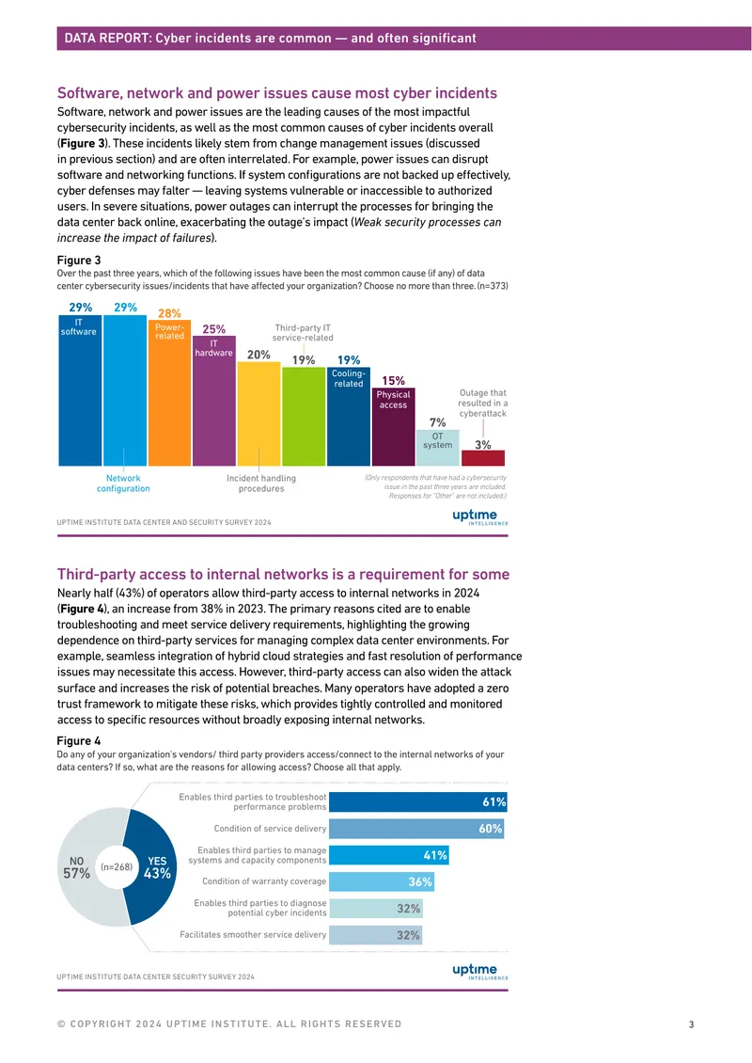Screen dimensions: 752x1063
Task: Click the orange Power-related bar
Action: pyautogui.click(x=169, y=392)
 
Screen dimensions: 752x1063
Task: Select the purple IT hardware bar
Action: pyautogui.click(x=214, y=401)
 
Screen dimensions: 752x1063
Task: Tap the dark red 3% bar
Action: pyautogui.click(x=483, y=457)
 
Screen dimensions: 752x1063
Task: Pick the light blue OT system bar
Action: pyautogui.click(x=438, y=448)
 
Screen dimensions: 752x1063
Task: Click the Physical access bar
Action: pyautogui.click(x=393, y=426)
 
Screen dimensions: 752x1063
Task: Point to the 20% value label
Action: pyautogui.click(x=258, y=355)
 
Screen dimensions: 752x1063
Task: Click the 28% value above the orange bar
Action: pyautogui.click(x=169, y=313)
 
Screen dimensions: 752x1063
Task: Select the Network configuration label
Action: pyautogui.click(x=123, y=484)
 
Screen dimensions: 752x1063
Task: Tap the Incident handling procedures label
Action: pyautogui.click(x=261, y=484)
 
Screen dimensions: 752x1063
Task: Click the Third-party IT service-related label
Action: pyautogui.click(x=303, y=332)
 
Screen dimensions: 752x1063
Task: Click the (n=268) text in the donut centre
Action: pyautogui.click(x=117, y=867)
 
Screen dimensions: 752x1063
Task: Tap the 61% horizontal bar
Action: pyautogui.click(x=418, y=802)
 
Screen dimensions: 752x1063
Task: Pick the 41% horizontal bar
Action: pyautogui.click(x=389, y=855)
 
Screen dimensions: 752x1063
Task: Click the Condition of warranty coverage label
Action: pyautogui.click(x=264, y=881)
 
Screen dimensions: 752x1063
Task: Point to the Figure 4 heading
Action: pyautogui.click(x=79, y=741)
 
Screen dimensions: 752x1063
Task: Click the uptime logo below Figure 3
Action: pyautogui.click(x=479, y=516)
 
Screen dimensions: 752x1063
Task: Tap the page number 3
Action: pyautogui.click(x=691, y=1024)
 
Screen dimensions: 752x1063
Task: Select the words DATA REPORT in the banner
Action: pyautogui.click(x=107, y=39)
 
